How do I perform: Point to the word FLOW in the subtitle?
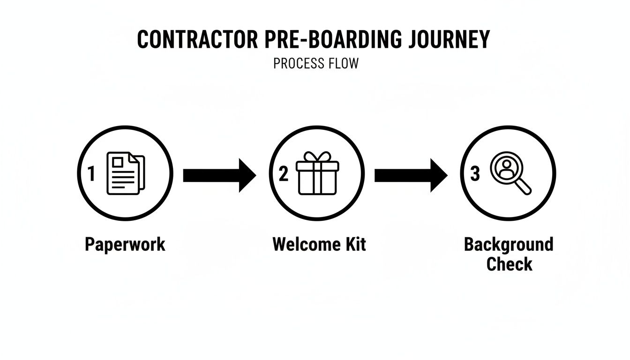coord(344,63)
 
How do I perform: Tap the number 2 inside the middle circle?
coord(283,174)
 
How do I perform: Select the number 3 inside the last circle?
coord(475,174)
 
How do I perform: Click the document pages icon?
coord(126,173)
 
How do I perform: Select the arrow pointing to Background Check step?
coord(411,175)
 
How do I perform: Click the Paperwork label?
coord(125,245)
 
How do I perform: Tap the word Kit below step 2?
coord(353,244)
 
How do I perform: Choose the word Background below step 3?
coord(509,244)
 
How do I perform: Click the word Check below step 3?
coord(509,264)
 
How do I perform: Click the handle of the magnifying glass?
coord(525,187)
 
